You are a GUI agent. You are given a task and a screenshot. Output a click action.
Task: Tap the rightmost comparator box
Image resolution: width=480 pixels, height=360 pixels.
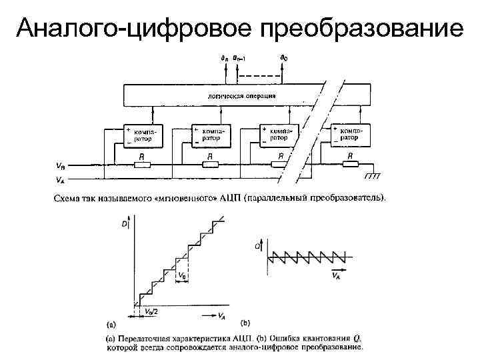tap(351, 136)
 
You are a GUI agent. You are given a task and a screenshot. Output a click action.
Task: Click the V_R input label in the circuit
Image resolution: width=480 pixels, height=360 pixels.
tap(61, 165)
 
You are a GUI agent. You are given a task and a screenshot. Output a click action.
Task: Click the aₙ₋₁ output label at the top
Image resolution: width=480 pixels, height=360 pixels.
tap(239, 59)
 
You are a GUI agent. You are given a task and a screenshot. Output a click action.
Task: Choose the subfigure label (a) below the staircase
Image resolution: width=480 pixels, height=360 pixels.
tap(111, 325)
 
